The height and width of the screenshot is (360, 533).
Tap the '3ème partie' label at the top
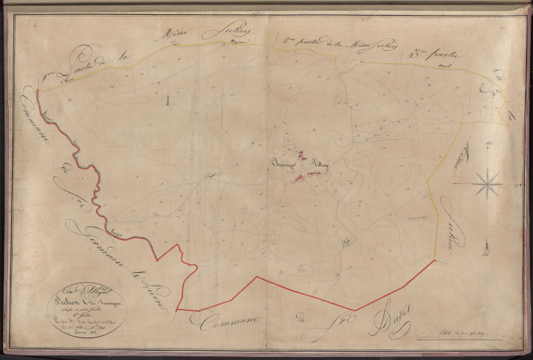(439, 55)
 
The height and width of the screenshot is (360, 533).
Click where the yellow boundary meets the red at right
(436, 261)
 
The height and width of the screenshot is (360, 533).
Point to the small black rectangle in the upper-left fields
(169, 99)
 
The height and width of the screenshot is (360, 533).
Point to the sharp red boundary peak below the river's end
(178, 245)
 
